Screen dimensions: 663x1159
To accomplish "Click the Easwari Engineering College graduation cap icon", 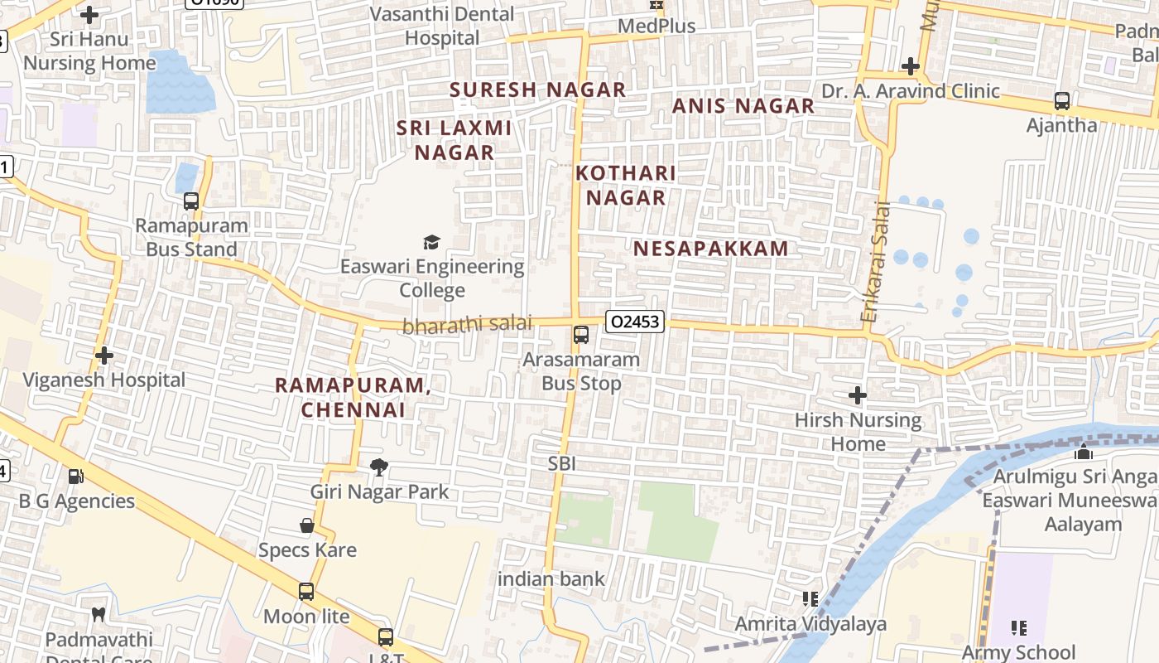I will (431, 242).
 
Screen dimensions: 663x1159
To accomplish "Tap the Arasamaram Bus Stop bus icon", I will (581, 335).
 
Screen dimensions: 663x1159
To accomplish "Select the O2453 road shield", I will (635, 321).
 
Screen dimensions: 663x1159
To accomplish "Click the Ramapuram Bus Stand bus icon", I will (191, 201).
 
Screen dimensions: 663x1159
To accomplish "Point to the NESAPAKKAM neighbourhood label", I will (711, 249).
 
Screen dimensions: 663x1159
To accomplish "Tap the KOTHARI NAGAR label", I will (626, 185).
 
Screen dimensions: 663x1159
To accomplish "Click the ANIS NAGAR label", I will (743, 106).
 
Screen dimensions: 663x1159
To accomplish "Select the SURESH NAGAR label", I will (537, 90).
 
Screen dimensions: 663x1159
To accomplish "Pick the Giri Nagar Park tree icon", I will (379, 467).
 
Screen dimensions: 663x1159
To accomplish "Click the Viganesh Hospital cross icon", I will (104, 356).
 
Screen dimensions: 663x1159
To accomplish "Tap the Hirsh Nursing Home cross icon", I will (858, 395).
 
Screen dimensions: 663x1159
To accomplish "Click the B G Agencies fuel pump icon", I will (75, 477).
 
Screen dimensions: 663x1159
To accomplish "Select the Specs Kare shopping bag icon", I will (307, 525).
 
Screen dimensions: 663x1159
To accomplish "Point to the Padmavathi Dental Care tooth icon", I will (99, 614).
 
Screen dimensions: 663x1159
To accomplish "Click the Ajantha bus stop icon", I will (1062, 101).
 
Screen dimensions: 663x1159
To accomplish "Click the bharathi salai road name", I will (467, 325).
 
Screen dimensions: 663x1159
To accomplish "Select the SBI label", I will (561, 463).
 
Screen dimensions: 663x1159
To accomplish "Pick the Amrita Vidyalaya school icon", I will (810, 598).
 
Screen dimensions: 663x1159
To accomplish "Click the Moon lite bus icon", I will (306, 592).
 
